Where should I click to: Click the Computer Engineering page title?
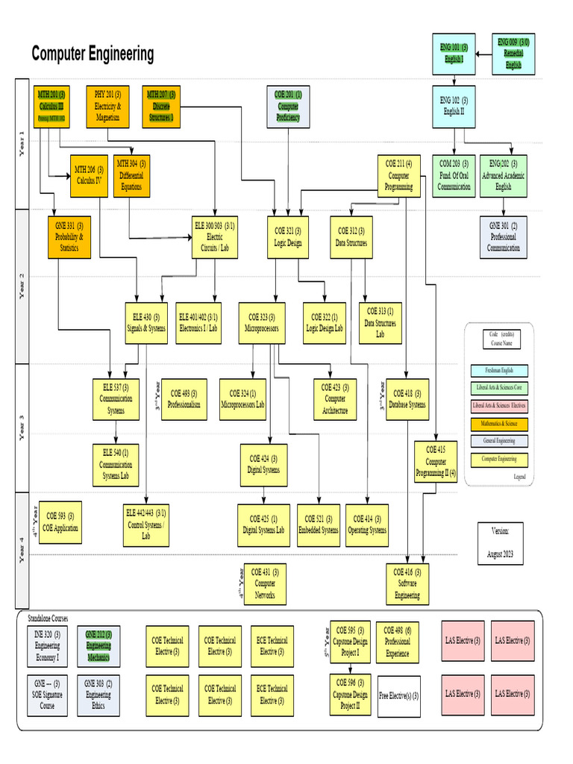(x=93, y=54)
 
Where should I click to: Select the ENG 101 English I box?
(x=454, y=54)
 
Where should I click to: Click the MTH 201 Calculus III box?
(x=51, y=106)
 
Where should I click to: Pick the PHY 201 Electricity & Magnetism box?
(x=108, y=106)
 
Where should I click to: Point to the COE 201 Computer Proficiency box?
(x=288, y=106)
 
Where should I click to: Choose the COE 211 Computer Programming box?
(x=398, y=176)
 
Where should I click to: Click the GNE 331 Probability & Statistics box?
(x=69, y=237)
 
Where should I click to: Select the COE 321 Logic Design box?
(x=288, y=237)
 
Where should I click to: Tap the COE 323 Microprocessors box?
(x=262, y=322)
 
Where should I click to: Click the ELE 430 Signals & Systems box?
(x=146, y=322)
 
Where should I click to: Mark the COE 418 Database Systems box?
(x=407, y=399)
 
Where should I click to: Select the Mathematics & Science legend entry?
(x=499, y=425)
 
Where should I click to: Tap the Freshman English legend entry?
(x=499, y=370)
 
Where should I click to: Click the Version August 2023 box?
(x=500, y=543)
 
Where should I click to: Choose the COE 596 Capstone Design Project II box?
(x=350, y=694)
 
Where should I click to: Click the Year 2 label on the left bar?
(x=21, y=286)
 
